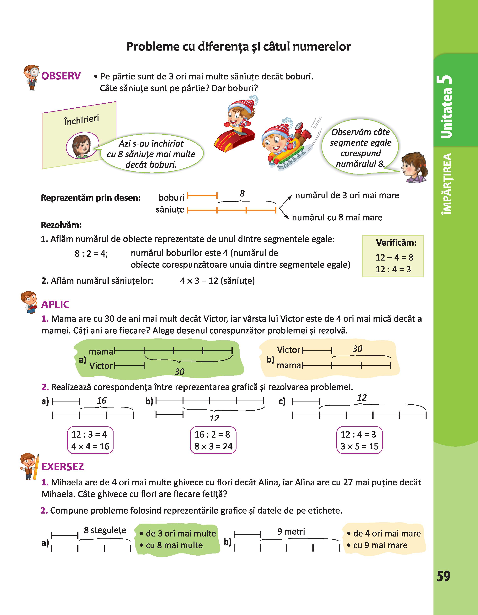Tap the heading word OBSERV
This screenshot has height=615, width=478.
[x=61, y=76]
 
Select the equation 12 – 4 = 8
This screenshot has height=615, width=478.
[x=394, y=257]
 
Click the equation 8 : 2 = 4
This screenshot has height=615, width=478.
[x=91, y=254]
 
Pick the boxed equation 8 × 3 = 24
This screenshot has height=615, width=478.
[x=213, y=446]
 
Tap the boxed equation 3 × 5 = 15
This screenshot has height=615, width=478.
[x=359, y=446]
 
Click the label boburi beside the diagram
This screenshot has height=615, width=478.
[x=171, y=198]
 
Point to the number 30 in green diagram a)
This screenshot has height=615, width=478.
[x=179, y=372]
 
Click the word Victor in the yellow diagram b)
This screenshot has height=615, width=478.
[x=289, y=350]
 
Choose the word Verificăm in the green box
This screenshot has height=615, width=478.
[x=396, y=243]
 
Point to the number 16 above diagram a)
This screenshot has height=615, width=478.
[x=102, y=401]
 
